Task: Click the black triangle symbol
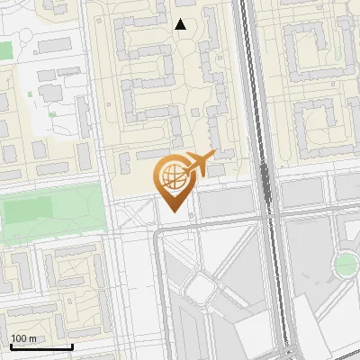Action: tap(181, 24)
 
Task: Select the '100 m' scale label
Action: tap(24, 338)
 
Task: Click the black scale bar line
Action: tap(41, 346)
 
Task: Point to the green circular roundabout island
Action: tap(346, 264)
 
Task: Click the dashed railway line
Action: tap(266, 180)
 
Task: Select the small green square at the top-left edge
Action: tap(4, 49)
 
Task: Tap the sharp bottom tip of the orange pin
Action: tap(174, 211)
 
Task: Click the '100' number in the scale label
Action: tap(19, 338)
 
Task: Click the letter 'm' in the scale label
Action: tap(33, 339)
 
